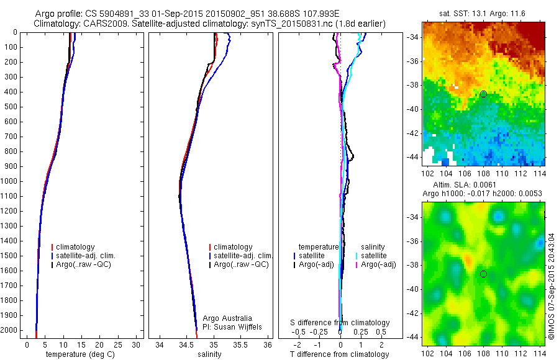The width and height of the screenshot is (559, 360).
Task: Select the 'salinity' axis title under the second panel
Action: [x=209, y=354]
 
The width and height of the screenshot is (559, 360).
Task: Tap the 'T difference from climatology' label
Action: [x=340, y=354]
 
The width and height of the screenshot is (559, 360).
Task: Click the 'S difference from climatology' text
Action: [x=340, y=323]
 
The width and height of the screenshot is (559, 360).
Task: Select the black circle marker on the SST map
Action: [x=483, y=94]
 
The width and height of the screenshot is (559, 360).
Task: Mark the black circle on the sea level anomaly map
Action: [x=483, y=274]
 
